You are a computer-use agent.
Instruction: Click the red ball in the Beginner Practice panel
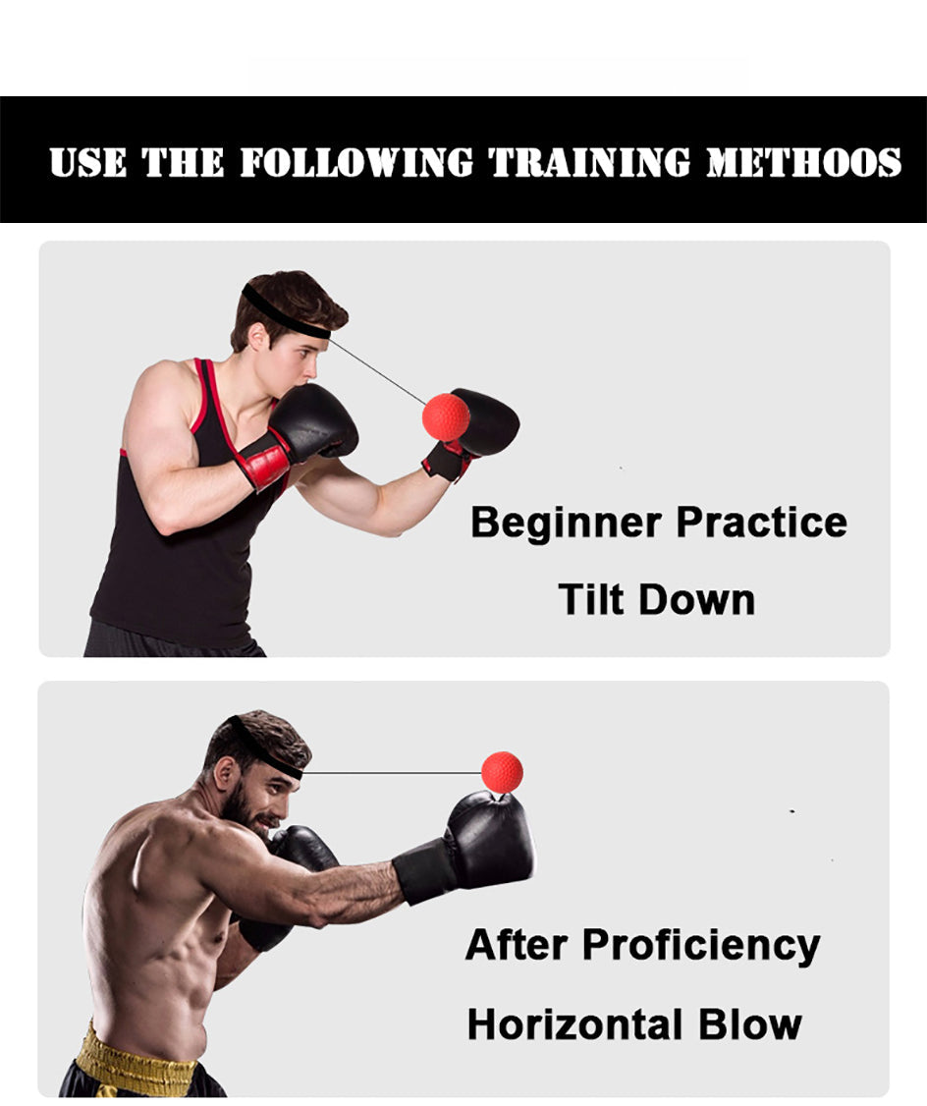[x=446, y=416]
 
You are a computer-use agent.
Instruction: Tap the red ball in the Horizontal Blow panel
[x=502, y=772]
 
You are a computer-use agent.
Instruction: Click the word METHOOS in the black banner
[x=803, y=162]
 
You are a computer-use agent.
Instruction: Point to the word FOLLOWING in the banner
[x=356, y=162]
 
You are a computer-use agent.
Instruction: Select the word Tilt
[x=593, y=599]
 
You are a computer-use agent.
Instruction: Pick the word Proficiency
[x=701, y=946]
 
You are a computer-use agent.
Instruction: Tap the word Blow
[x=750, y=1024]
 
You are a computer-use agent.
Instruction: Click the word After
[x=516, y=945]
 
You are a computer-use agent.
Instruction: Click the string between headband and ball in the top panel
[x=378, y=370]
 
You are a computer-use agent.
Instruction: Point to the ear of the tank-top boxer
[x=258, y=337]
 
